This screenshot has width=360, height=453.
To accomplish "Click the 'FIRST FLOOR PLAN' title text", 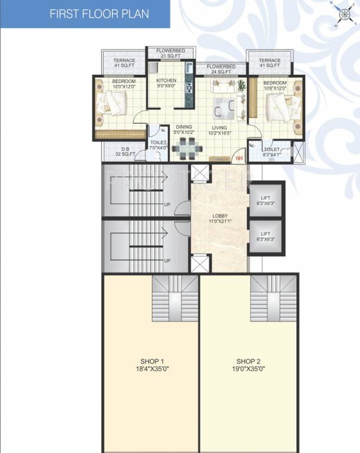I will click(99, 13).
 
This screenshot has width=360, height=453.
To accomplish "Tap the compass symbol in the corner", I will click(341, 15).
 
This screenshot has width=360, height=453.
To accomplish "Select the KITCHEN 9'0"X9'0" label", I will click(166, 83).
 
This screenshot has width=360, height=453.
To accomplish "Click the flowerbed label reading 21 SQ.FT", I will click(171, 55).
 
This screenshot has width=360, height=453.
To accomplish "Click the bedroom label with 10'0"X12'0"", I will click(124, 84).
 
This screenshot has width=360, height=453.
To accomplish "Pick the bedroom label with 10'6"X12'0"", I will click(275, 86).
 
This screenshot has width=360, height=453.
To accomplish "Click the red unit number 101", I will click(239, 158).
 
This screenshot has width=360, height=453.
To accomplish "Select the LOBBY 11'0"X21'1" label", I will click(220, 218).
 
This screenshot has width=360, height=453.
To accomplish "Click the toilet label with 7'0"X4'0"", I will click(158, 145).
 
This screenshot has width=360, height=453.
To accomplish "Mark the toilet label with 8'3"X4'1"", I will click(272, 152).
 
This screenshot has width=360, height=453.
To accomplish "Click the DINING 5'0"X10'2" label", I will click(184, 130).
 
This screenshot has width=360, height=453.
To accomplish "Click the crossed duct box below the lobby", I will click(199, 263).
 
